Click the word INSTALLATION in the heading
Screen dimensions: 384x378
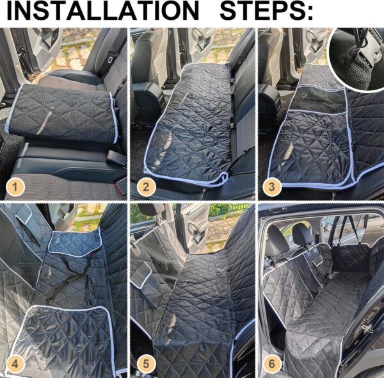[102, 10]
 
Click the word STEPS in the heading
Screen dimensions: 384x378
[261, 10]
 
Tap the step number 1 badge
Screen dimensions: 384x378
[15, 187]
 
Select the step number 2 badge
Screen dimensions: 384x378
[146, 187]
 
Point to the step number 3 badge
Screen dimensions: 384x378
[272, 187]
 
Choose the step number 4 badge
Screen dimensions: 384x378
[15, 364]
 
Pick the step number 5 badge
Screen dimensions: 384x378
[146, 364]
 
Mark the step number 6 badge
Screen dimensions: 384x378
[272, 364]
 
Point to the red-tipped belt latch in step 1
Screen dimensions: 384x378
[120, 188]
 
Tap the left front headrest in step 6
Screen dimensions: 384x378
[278, 241]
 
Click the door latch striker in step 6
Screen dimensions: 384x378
[366, 327]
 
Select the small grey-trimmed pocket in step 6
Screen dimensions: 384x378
[318, 260]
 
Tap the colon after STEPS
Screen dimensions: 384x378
[310, 13]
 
